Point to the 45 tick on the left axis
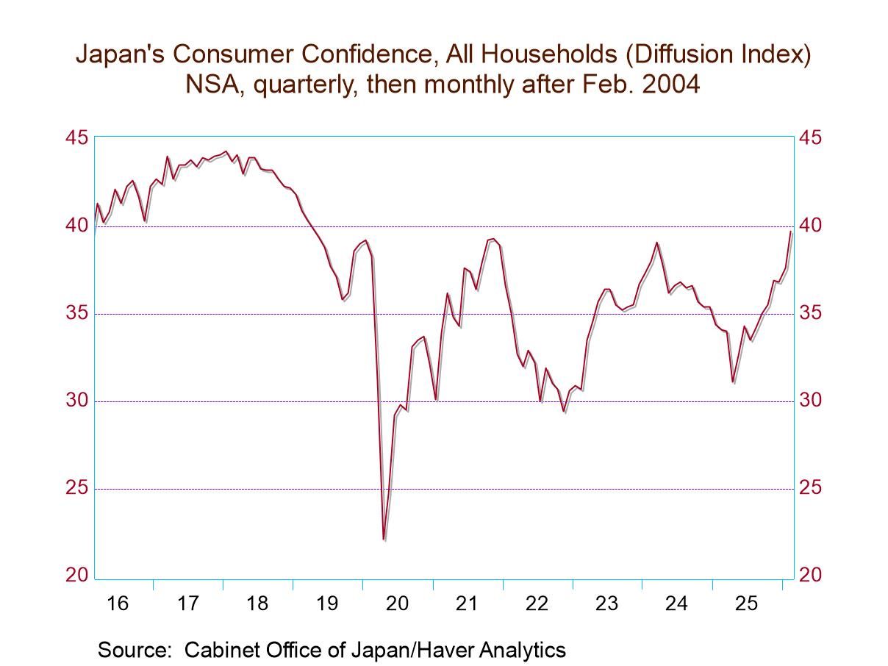[x=77, y=138]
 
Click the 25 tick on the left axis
[x=77, y=489]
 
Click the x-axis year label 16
[x=118, y=604]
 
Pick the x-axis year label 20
[x=397, y=604]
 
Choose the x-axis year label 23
[x=606, y=604]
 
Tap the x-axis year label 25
[x=746, y=604]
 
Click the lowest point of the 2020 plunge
[x=384, y=540]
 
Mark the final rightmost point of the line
[x=791, y=232]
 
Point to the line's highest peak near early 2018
[x=225, y=151]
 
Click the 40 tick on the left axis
[x=77, y=226]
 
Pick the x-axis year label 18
[x=257, y=604]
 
